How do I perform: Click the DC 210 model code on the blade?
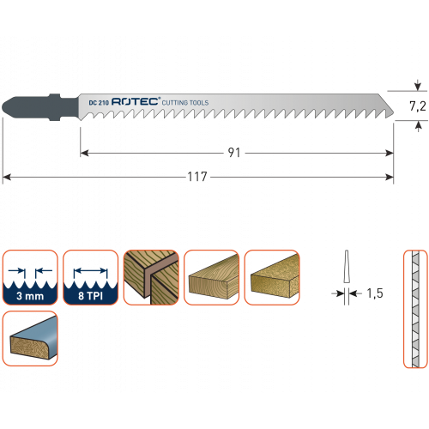[x=99, y=103]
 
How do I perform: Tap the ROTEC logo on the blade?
[x=136, y=101]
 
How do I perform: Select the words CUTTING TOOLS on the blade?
[x=185, y=103]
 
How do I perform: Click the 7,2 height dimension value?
[x=418, y=106]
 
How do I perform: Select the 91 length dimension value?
[x=234, y=153]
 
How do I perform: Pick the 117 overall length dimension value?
[x=197, y=177]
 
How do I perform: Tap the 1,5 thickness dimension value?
[x=375, y=293]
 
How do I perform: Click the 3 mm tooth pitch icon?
[x=30, y=277]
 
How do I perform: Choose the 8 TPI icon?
[x=91, y=277]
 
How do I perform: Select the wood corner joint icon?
[x=151, y=277]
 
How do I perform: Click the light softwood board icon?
[x=212, y=277]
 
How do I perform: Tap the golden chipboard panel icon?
[x=272, y=277]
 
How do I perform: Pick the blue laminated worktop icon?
[x=30, y=338]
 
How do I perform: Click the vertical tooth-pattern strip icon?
[x=415, y=309]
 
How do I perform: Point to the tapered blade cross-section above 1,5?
[x=347, y=267]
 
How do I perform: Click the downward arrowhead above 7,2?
[x=418, y=86]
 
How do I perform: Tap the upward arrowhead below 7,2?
[x=418, y=125]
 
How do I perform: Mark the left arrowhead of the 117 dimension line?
[x=7, y=178]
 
